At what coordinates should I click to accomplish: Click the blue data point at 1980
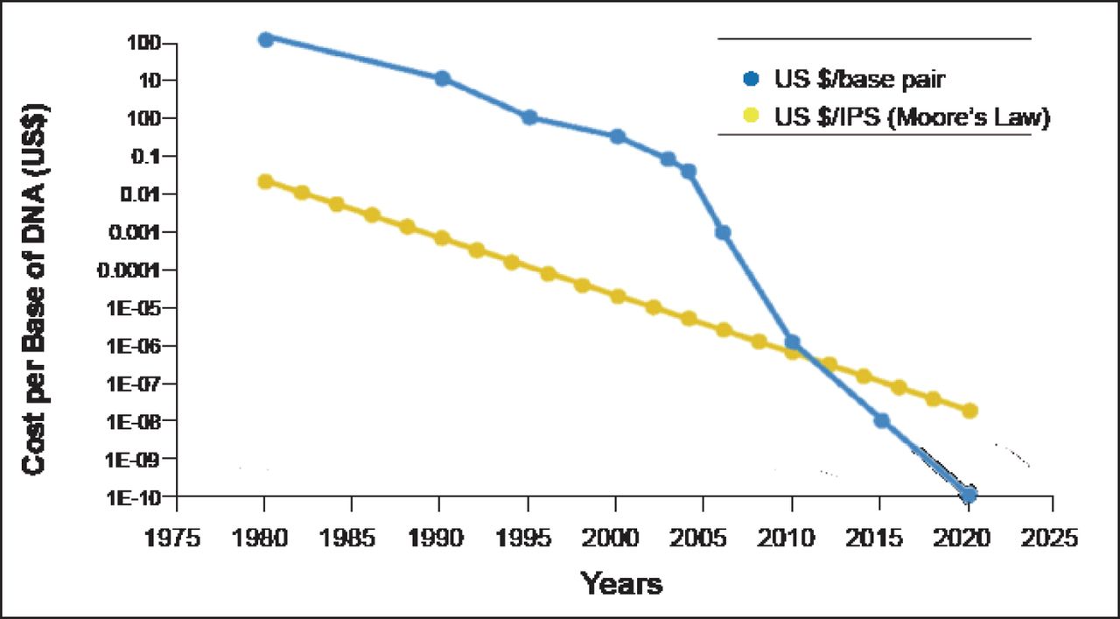coord(265,39)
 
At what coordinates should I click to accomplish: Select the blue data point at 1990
coord(442,79)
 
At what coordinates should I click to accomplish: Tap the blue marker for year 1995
coord(528,117)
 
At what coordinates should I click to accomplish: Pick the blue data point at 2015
coord(881,420)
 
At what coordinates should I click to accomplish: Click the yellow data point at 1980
coord(265,181)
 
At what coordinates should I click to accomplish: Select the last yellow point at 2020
coord(969,411)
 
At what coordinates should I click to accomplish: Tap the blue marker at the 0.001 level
coord(723,232)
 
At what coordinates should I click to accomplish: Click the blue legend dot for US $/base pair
coord(750,79)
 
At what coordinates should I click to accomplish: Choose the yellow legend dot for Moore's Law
coord(750,116)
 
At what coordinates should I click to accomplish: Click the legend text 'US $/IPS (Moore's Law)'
coord(910,116)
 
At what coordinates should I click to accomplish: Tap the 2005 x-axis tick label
coord(703,536)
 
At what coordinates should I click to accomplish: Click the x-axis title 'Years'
coord(621,583)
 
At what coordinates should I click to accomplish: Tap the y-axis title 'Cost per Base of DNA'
coord(35,289)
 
